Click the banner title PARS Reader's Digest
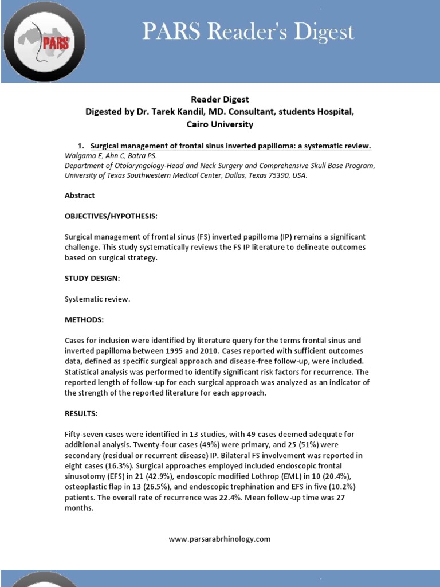tap(249, 32)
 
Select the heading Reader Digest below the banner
tap(219, 100)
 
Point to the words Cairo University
tap(219, 124)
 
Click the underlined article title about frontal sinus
tap(231, 146)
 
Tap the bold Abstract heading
tap(80, 195)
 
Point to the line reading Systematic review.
tap(97, 299)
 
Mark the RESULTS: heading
tap(81, 413)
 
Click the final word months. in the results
tap(79, 507)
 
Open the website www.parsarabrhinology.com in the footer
tap(219, 539)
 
